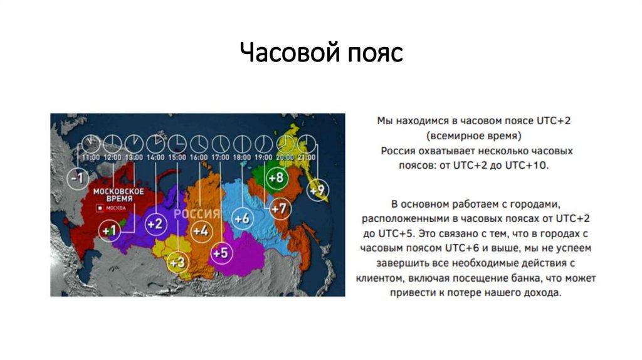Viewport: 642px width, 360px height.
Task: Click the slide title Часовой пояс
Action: pos(320,53)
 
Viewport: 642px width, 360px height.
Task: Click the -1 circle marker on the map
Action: pos(77,177)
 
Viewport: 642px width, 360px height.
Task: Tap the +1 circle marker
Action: pos(109,231)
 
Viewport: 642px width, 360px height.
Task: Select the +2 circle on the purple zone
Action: pos(155,224)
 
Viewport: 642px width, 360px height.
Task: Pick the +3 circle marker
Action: pos(177,262)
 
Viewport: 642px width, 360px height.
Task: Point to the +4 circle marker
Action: pos(200,231)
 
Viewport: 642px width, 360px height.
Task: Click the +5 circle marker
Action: pos(219,253)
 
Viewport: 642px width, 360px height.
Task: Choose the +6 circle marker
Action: pos(241,218)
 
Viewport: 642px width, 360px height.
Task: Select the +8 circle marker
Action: pos(275,177)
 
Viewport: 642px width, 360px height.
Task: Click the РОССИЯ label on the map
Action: pos(197,214)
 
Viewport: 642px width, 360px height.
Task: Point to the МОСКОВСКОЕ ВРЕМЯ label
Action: pos(118,194)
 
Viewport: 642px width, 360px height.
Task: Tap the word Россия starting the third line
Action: pos(396,151)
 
